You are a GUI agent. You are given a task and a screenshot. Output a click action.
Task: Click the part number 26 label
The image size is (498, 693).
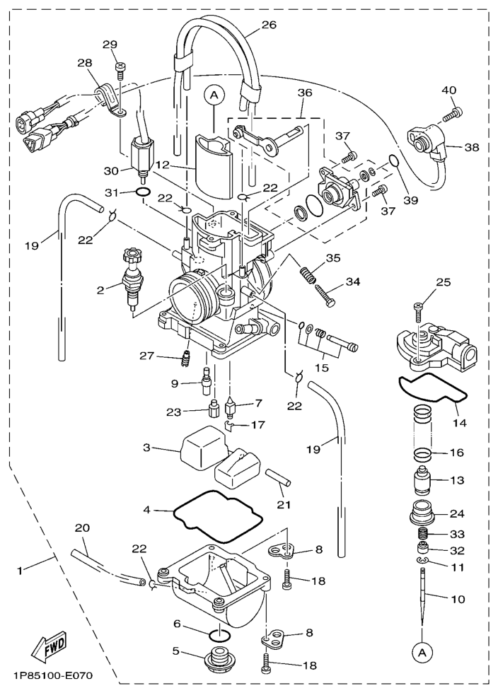point(268,25)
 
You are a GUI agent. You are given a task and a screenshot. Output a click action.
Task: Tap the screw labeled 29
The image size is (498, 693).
point(120,69)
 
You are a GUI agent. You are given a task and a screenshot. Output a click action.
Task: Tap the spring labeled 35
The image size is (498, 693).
point(309,271)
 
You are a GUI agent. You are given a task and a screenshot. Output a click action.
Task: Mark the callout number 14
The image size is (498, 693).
point(460,424)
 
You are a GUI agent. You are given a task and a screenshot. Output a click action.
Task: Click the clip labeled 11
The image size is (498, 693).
point(422,562)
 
